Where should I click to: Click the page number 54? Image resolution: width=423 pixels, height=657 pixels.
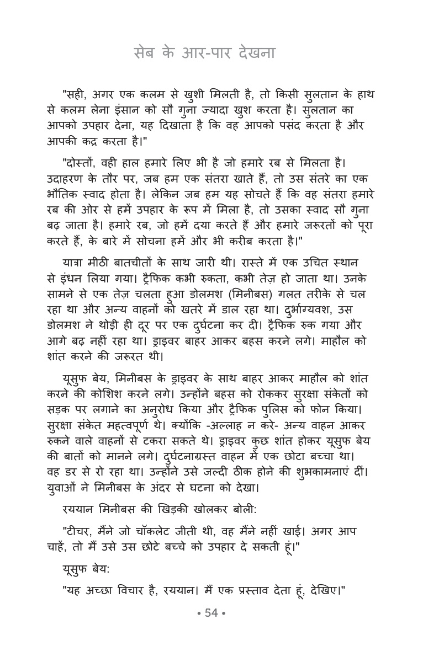(x=212, y=613)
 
